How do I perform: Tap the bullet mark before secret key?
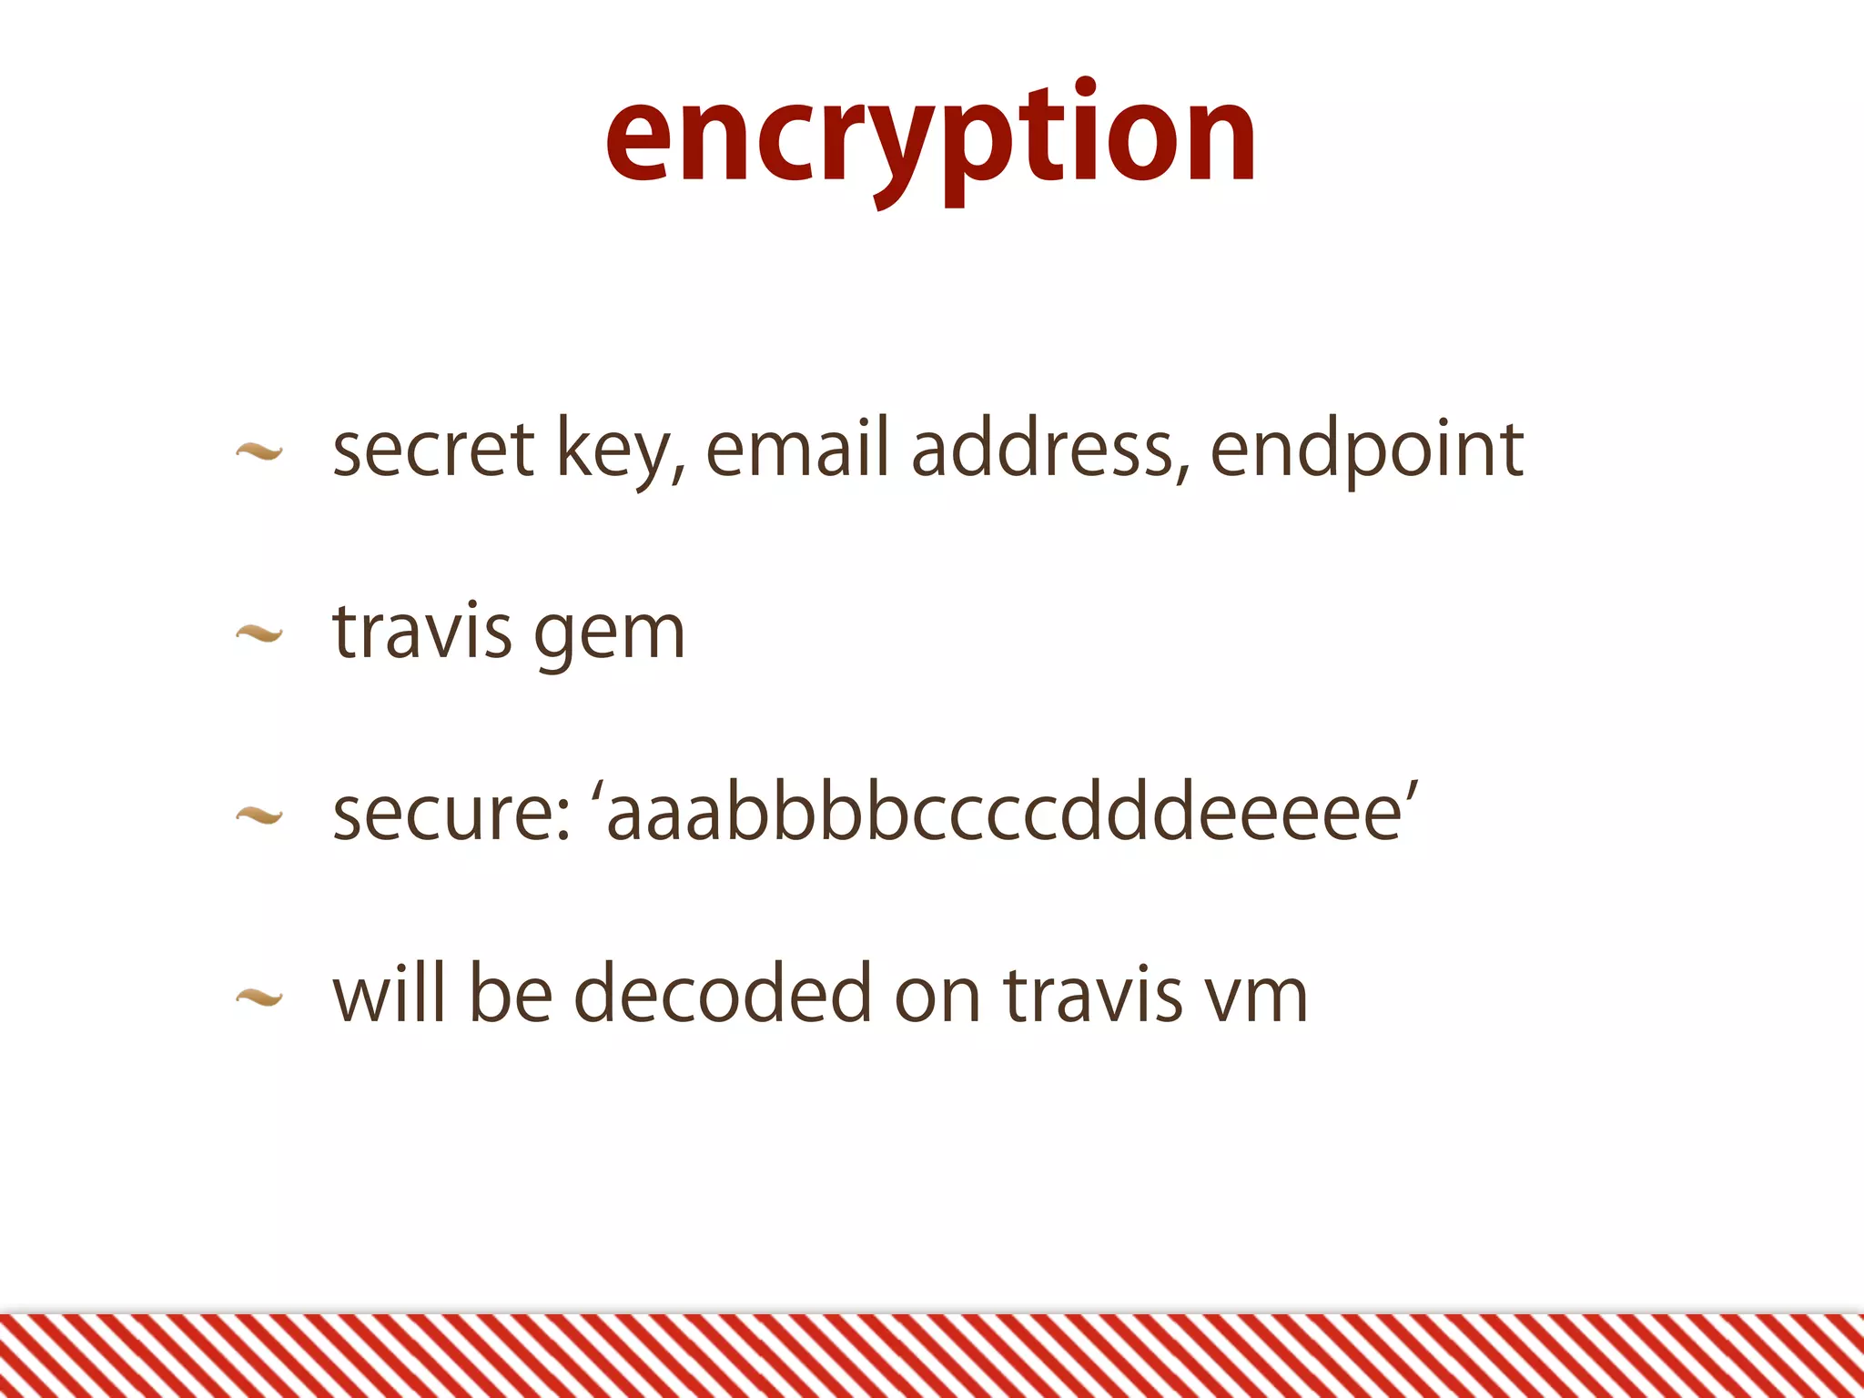(259, 451)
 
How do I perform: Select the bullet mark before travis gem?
(259, 633)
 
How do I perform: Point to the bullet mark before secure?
(259, 815)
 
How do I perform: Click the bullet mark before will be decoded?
(259, 998)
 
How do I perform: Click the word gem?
(609, 635)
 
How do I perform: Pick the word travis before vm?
(1093, 994)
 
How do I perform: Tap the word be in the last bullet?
(511, 994)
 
